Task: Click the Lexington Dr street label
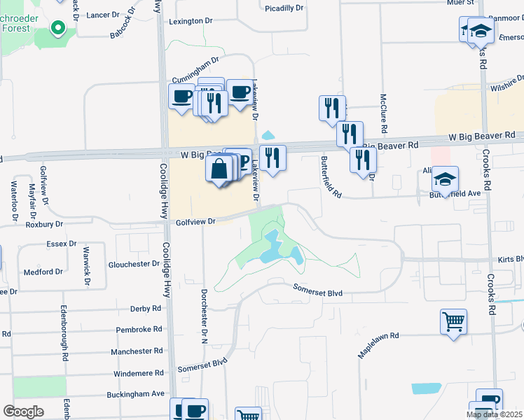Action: click(x=191, y=22)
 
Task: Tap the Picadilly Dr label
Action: click(x=284, y=8)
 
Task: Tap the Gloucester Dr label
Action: click(x=135, y=264)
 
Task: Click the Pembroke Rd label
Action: click(x=139, y=328)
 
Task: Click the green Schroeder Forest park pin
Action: click(x=57, y=29)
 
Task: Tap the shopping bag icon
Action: click(x=219, y=169)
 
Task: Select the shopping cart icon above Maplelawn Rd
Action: click(x=454, y=322)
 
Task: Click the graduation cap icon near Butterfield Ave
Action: click(x=445, y=180)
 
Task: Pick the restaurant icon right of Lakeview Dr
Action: click(x=273, y=157)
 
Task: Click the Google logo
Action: click(x=23, y=412)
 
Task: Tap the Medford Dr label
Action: click(x=43, y=272)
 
